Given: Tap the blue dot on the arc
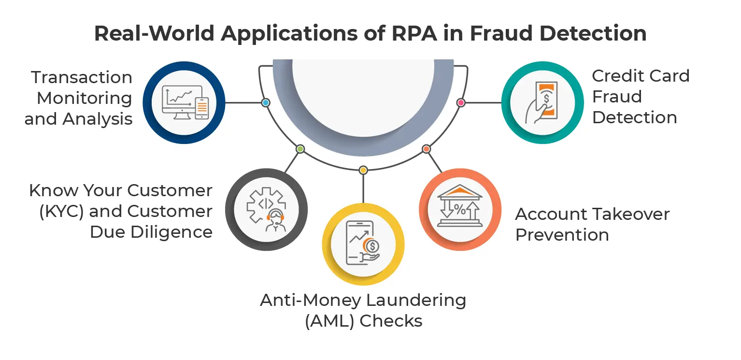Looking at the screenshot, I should coord(265,103).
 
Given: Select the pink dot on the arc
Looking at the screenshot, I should coord(460,102).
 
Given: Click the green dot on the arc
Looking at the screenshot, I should coord(300,149).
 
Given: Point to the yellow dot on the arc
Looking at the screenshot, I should coord(363,170).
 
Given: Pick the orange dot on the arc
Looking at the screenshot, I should coord(426,149).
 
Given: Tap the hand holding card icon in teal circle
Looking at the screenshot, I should coord(542,102).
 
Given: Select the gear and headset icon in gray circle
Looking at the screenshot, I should coord(266,209).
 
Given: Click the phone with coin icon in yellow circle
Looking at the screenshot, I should coord(363,243).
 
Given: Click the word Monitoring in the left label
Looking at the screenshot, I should coord(85,98).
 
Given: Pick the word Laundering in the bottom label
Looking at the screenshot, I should coord(416,300).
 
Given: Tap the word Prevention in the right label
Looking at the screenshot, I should coord(562,235).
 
